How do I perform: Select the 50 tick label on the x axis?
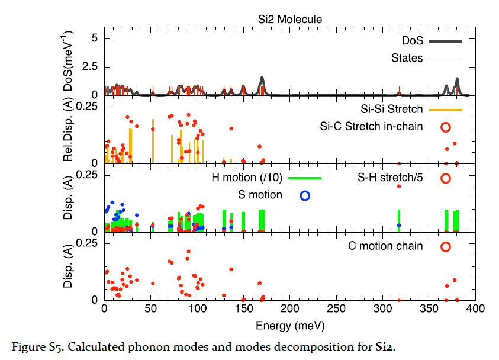coord(151,309)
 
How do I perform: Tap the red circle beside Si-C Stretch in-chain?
coord(446,126)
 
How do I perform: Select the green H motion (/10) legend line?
coord(298,178)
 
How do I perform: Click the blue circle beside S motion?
coord(305,195)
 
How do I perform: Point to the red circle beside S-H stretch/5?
coord(446,178)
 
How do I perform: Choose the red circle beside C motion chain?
coord(446,246)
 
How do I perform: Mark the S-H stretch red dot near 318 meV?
coord(399,187)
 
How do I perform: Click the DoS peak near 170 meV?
coord(262,78)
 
